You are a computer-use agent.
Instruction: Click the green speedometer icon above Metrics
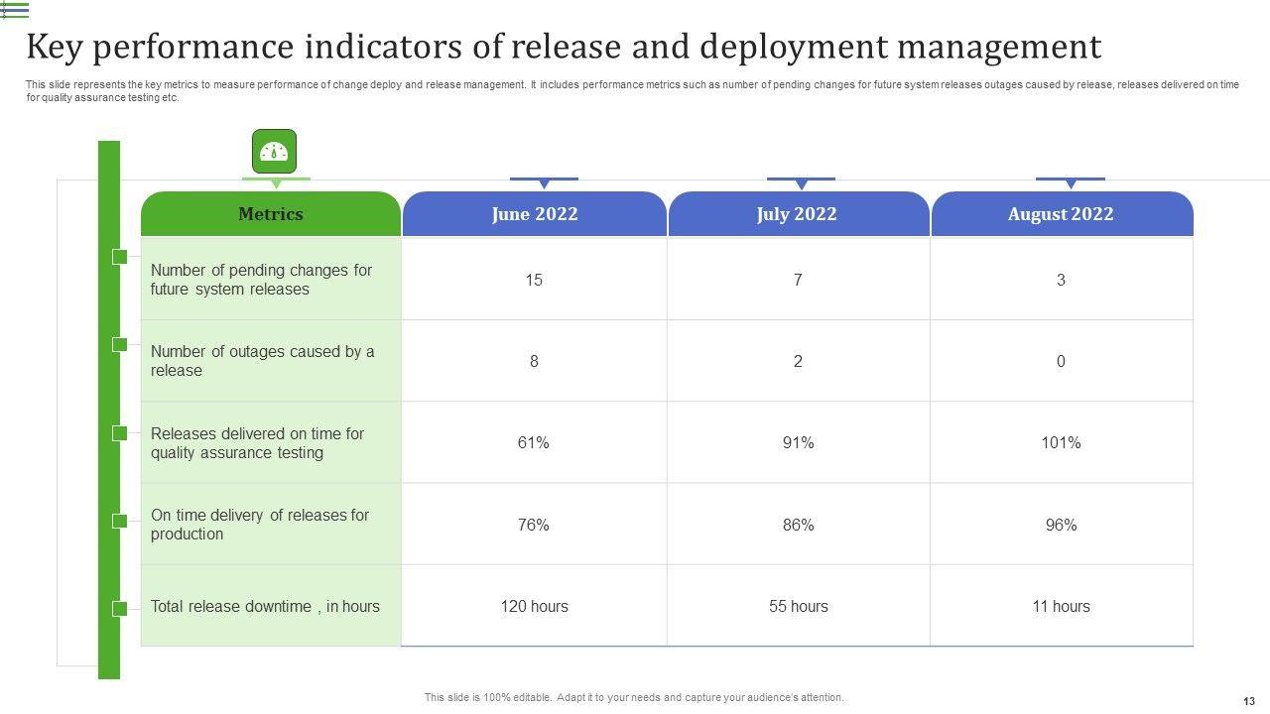pyautogui.click(x=274, y=151)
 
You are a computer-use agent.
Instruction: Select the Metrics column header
pyautogui.click(x=271, y=214)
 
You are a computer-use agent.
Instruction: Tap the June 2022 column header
pyautogui.click(x=534, y=214)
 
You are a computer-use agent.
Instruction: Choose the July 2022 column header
pyautogui.click(x=797, y=214)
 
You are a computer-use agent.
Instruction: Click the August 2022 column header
pyautogui.click(x=1061, y=214)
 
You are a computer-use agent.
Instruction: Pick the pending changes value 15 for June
pyautogui.click(x=534, y=280)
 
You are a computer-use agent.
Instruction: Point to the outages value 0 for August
pyautogui.click(x=1061, y=362)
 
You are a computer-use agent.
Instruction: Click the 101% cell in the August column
pyautogui.click(x=1061, y=443)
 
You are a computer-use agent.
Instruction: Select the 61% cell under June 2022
pyautogui.click(x=534, y=443)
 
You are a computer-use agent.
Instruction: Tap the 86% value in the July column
pyautogui.click(x=798, y=525)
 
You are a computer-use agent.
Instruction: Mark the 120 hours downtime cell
pyautogui.click(x=534, y=606)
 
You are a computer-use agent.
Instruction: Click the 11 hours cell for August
pyautogui.click(x=1061, y=606)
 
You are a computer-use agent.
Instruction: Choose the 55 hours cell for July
pyautogui.click(x=798, y=606)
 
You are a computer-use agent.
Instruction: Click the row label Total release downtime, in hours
pyautogui.click(x=265, y=606)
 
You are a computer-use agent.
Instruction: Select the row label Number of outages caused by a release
pyautogui.click(x=262, y=361)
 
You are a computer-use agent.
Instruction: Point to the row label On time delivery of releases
pyautogui.click(x=259, y=525)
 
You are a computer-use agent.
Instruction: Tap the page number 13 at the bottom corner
pyautogui.click(x=1248, y=701)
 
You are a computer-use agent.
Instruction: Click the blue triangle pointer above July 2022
pyautogui.click(x=801, y=184)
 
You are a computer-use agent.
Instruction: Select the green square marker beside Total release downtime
pyautogui.click(x=120, y=608)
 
